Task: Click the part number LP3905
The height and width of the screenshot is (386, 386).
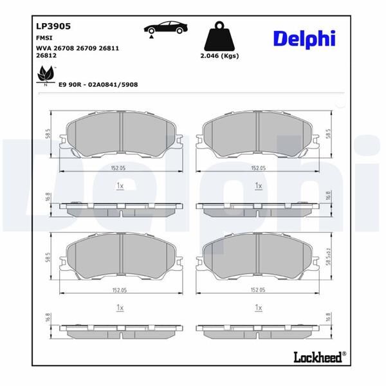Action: pyautogui.click(x=52, y=27)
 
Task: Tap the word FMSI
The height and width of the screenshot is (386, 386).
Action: pyautogui.click(x=44, y=39)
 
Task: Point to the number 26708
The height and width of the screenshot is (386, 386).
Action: pyautogui.click(x=66, y=48)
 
